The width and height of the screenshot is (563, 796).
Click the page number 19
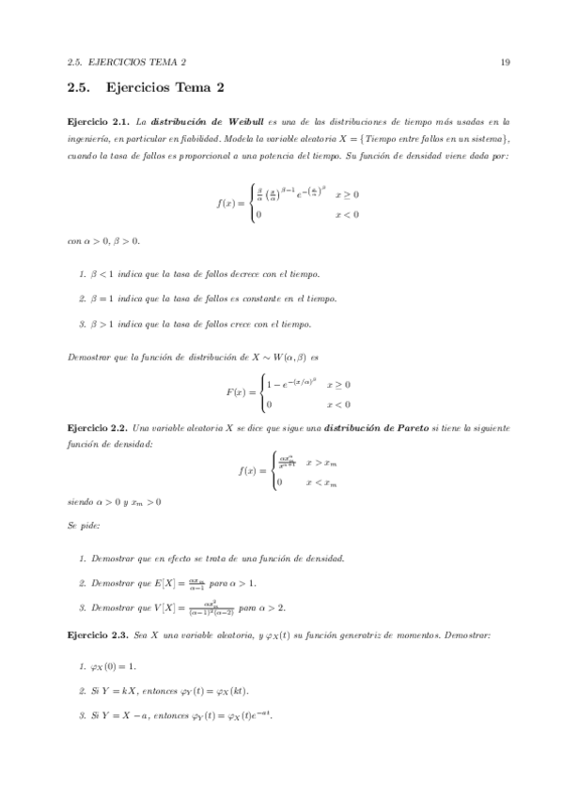point(505,63)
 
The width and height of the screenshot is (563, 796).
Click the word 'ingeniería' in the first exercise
point(90,139)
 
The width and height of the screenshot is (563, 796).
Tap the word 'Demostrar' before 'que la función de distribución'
point(91,359)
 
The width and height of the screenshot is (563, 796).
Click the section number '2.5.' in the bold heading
point(79,89)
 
